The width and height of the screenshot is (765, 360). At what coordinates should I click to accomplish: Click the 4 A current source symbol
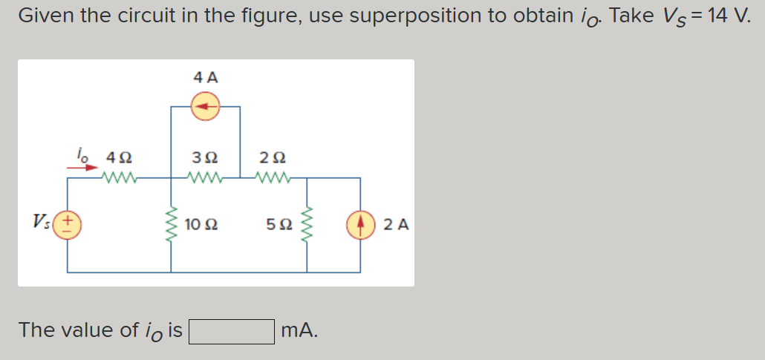point(206,107)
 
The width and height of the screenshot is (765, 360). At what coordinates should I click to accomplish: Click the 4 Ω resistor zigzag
point(119,178)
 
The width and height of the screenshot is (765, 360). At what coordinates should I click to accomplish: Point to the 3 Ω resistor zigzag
point(204,178)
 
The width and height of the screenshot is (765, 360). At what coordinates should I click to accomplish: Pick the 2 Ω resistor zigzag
point(273,178)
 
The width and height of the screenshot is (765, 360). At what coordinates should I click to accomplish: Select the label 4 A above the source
point(206,77)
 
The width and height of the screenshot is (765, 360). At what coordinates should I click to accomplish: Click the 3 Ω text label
point(204,158)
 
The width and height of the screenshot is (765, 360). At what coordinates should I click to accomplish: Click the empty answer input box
point(232,331)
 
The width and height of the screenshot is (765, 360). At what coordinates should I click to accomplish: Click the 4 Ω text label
point(120,158)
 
